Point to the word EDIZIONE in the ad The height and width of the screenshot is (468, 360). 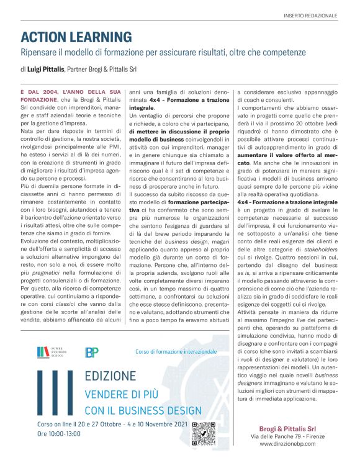[110, 377]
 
